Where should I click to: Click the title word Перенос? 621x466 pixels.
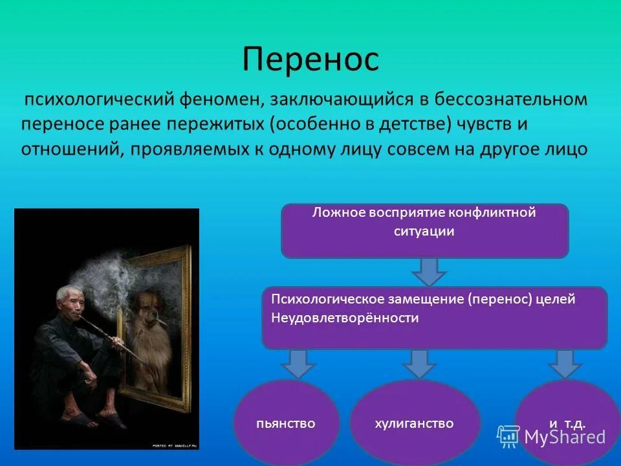(x=310, y=60)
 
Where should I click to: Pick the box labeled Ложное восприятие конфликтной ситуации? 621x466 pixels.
(x=424, y=231)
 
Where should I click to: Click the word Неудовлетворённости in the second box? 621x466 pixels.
(x=345, y=318)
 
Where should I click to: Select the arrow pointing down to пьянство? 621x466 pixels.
(x=298, y=362)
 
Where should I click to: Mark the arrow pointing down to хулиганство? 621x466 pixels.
(x=420, y=362)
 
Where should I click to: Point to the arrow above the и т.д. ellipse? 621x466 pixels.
(x=565, y=362)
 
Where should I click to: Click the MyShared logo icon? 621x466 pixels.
(x=508, y=437)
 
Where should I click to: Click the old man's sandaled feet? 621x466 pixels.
(x=97, y=421)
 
